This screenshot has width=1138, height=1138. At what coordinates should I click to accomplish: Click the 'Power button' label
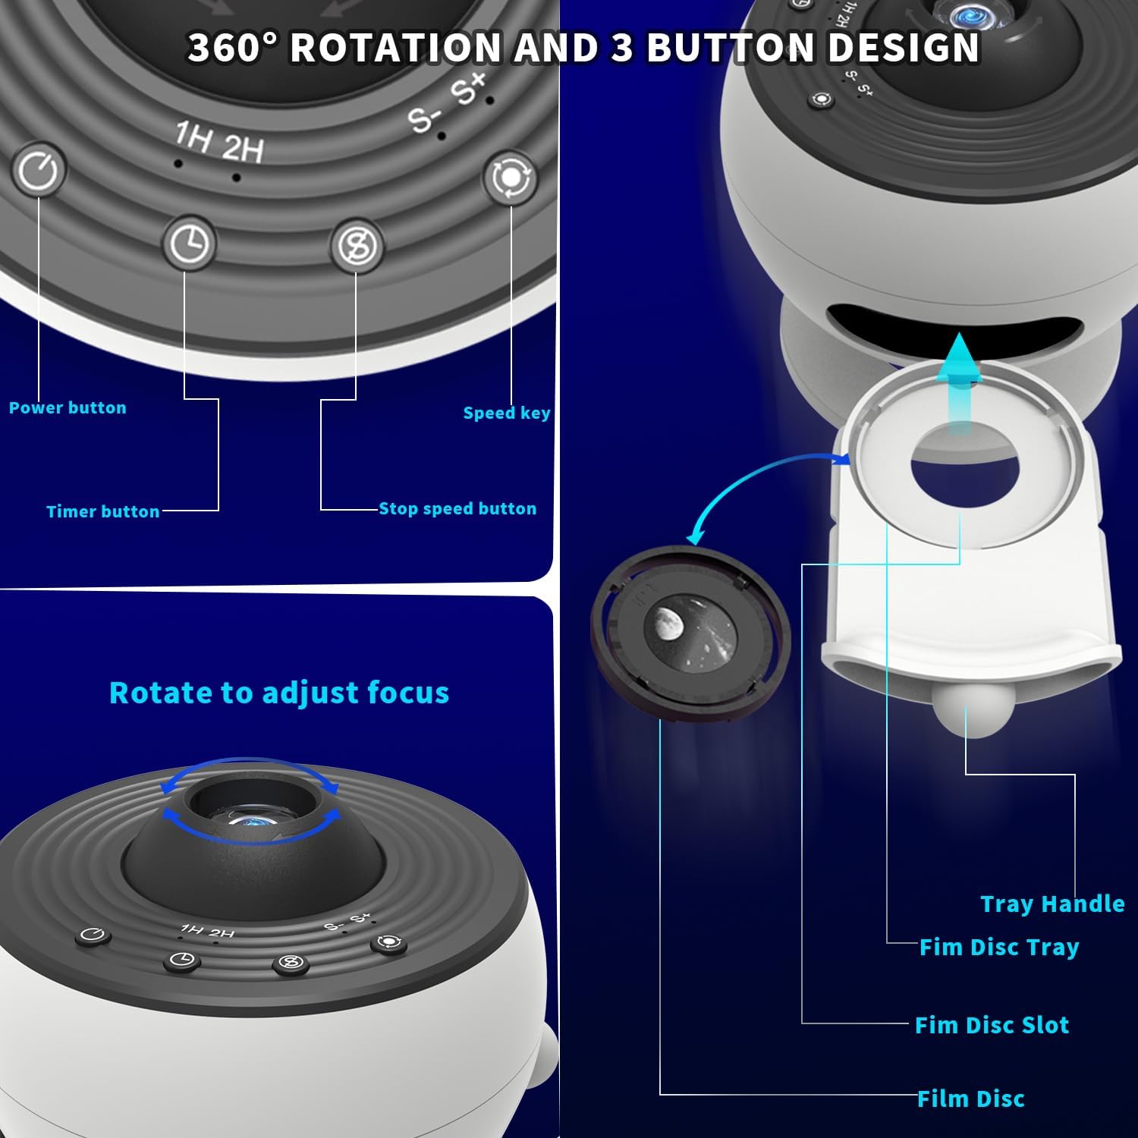click(68, 408)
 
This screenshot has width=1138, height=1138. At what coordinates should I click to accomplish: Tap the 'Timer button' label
click(103, 511)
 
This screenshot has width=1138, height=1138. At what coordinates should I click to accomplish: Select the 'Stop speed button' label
click(457, 508)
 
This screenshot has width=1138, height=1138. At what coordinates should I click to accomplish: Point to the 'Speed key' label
click(507, 413)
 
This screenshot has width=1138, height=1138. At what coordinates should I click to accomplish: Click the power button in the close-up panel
click(38, 170)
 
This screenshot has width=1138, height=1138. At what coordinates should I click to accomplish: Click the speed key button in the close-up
click(511, 178)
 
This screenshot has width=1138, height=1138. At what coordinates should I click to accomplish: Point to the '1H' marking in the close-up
click(193, 138)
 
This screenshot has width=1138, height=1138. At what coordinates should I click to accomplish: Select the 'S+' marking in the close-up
click(467, 88)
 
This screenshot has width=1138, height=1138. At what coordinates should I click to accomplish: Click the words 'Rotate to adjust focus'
click(279, 693)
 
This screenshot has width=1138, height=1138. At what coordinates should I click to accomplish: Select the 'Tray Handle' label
click(1052, 904)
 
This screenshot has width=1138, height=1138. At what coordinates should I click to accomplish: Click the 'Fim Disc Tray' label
click(999, 947)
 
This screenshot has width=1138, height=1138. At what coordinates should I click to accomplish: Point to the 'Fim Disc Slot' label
click(992, 1025)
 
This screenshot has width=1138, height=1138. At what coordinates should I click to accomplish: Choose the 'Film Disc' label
click(971, 1099)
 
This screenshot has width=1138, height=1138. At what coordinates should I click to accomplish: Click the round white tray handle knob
click(965, 713)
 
